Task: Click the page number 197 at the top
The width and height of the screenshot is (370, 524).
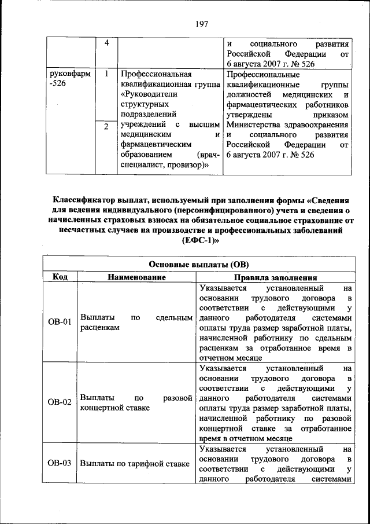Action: (x=201, y=24)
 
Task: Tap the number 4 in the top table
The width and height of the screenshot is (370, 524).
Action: (x=106, y=44)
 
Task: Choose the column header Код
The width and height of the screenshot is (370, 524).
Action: (x=60, y=277)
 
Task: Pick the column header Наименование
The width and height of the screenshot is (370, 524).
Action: (x=136, y=277)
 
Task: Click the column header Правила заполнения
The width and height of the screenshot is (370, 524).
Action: (x=275, y=278)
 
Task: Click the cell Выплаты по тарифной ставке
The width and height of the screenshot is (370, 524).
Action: (x=135, y=463)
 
